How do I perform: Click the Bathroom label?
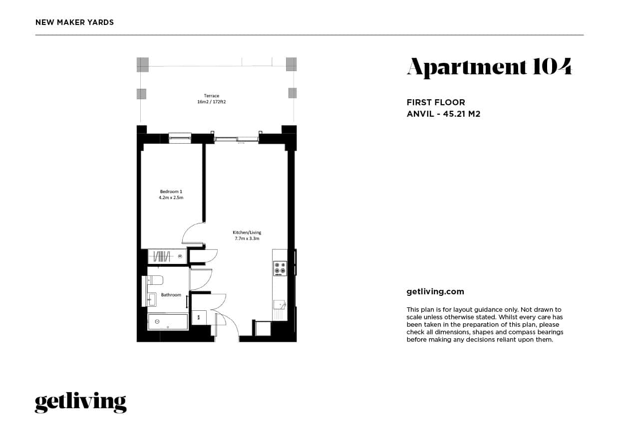point(171,295)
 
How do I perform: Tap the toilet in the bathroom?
point(155,280)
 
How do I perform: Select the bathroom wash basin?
point(152,299)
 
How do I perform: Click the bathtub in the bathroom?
point(168,322)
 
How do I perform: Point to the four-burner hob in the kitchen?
point(280,268)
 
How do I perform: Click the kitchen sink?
point(279,304)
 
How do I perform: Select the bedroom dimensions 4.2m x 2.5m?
point(171,198)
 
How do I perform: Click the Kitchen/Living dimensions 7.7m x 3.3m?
point(247,238)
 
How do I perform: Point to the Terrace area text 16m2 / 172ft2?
point(212,101)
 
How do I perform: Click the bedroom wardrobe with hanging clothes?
point(167,256)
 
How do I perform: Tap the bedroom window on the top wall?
point(180,138)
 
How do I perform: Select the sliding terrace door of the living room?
point(237,138)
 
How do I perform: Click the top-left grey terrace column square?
point(143,64)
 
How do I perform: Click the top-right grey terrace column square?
point(291,64)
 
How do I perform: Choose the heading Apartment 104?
point(489,67)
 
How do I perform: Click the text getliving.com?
point(435,292)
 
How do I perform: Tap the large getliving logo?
point(80,403)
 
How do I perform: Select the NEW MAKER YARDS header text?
point(74,22)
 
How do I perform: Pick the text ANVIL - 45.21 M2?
point(443,114)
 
